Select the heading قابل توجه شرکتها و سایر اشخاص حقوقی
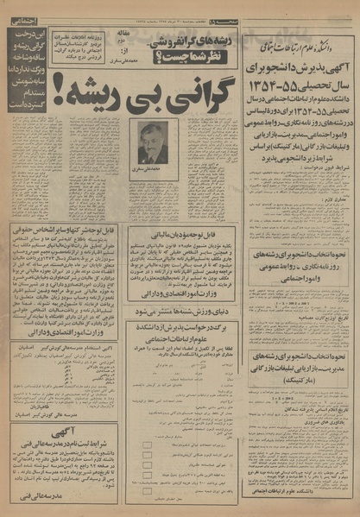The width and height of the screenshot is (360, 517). pos(62,230)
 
